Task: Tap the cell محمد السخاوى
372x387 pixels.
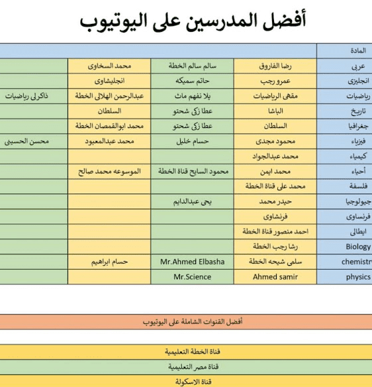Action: coord(109,66)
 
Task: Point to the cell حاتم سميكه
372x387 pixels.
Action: coord(193,81)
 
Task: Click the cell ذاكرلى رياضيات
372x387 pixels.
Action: coord(30,96)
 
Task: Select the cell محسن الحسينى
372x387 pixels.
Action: coord(30,141)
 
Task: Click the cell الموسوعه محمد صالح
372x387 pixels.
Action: coord(109,171)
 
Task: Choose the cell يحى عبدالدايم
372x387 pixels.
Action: coord(193,201)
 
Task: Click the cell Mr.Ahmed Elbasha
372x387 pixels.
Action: coord(193,262)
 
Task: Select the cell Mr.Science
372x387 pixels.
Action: coord(193,277)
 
